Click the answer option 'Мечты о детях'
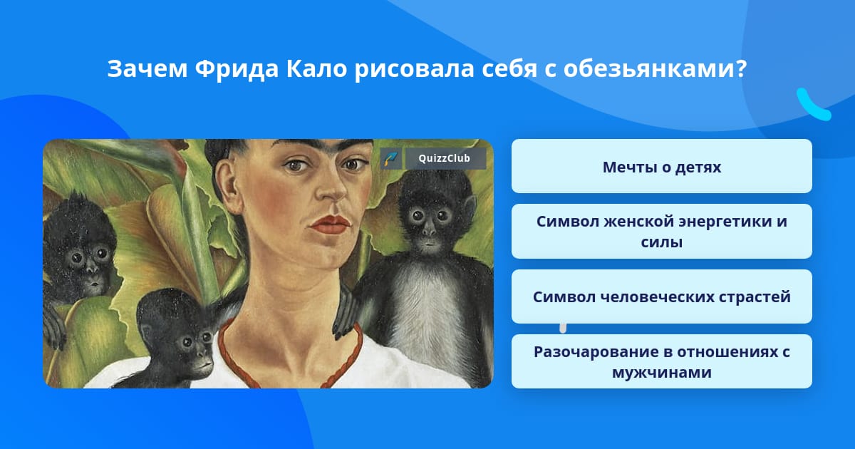[661, 166]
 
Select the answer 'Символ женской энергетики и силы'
[661, 232]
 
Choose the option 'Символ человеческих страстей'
[661, 296]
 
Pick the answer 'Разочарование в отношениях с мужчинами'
[661, 361]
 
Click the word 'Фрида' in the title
[237, 69]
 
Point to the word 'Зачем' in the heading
[147, 69]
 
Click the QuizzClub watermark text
[444, 158]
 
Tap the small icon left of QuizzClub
[391, 158]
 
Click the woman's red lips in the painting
[330, 224]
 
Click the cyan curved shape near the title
[813, 105]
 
